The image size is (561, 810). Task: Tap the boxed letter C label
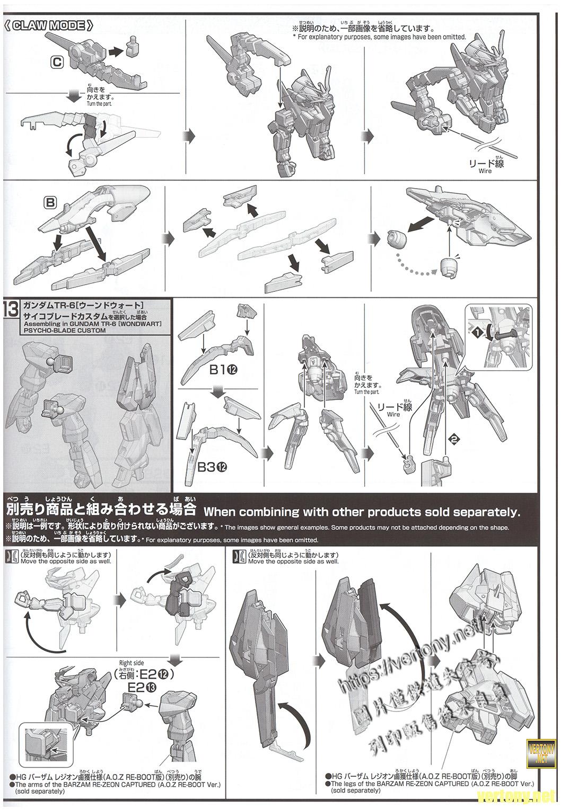pos(57,62)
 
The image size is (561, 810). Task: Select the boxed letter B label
pos(50,202)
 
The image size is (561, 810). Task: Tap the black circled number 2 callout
pos(453,438)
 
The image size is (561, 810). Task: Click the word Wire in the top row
pos(485,171)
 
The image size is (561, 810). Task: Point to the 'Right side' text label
pos(132,663)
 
